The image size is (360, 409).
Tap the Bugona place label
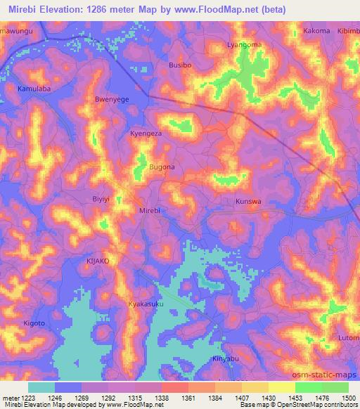coord(162,167)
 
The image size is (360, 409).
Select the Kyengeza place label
coord(146,133)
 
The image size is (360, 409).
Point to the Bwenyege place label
coord(111,100)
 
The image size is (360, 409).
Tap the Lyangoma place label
coord(243,44)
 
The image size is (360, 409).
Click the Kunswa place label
coord(247,201)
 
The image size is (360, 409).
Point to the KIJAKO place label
coord(98,260)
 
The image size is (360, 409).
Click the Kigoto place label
coord(34,323)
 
